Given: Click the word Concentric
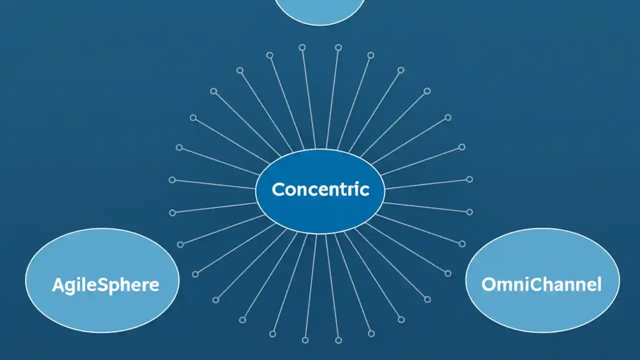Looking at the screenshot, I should [320, 189].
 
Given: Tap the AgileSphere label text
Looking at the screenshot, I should [105, 285].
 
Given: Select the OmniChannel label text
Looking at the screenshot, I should [541, 284].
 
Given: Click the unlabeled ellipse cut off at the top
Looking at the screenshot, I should [320, 10].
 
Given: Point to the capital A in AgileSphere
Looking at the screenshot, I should [58, 285].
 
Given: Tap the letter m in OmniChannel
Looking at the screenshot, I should [503, 285].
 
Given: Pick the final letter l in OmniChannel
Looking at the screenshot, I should [599, 284].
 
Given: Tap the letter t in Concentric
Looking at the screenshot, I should [340, 189].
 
